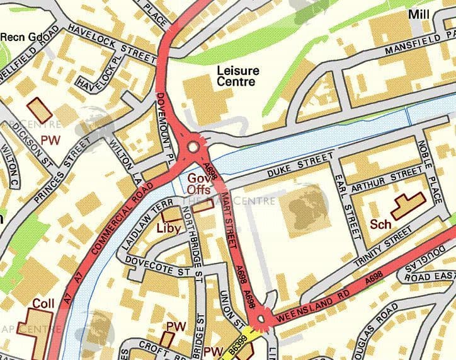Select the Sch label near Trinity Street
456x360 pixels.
[380, 224]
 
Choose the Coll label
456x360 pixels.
[43, 303]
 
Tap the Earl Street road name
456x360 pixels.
[349, 206]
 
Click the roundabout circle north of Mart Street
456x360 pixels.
[193, 146]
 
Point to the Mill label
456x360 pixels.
[418, 14]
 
